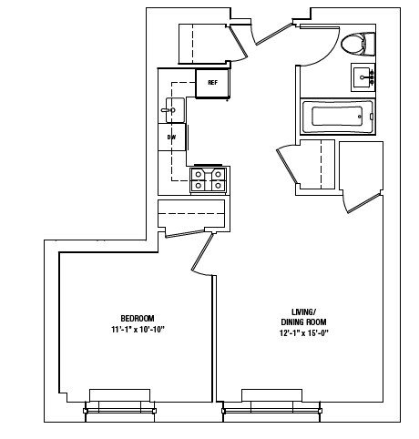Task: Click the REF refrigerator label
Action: coord(212,83)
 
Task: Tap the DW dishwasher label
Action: coord(170,138)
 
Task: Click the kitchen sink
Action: coord(173,110)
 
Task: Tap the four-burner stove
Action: coord(208,179)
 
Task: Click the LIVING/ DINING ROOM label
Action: coord(302,318)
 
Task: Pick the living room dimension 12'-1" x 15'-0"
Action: coord(302,333)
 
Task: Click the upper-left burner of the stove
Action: coord(199,173)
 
